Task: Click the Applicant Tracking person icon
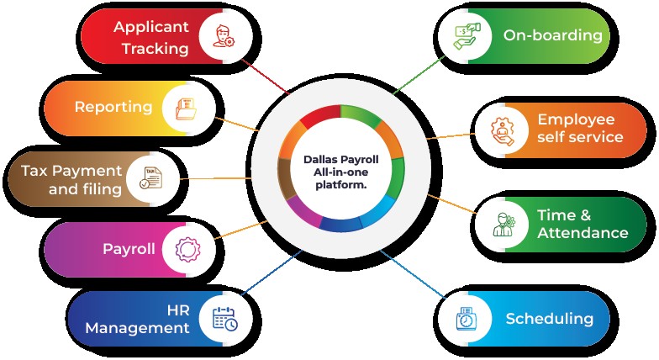(223, 37)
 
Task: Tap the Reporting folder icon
(185, 108)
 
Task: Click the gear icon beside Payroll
(185, 249)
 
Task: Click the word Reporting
(113, 107)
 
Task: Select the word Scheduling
(549, 319)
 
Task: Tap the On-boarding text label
(552, 35)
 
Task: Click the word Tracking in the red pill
(155, 49)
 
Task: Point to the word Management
(137, 328)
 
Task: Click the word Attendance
(583, 232)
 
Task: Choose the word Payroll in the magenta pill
(129, 249)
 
